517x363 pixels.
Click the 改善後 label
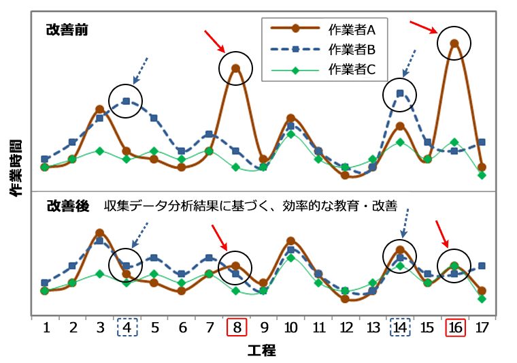[x=67, y=206]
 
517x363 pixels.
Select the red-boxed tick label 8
[x=236, y=328]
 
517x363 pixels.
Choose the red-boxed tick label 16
[x=454, y=328]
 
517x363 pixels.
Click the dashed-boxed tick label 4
[x=127, y=328]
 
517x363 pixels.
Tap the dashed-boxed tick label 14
[x=400, y=328]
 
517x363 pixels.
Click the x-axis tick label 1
[x=46, y=328]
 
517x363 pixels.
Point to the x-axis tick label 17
[x=482, y=328]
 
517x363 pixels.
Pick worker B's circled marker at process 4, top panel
[x=127, y=101]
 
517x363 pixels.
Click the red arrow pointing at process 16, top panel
[x=424, y=27]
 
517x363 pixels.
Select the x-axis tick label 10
[x=290, y=328]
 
